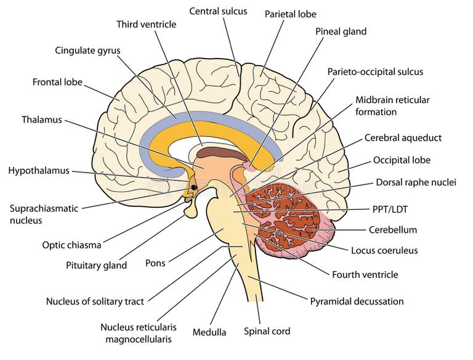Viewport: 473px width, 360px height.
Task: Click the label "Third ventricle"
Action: (x=147, y=24)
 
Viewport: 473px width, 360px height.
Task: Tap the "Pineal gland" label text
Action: (x=341, y=31)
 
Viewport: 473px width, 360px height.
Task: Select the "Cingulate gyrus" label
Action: (x=87, y=51)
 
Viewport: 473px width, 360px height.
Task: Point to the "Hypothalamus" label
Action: (x=39, y=171)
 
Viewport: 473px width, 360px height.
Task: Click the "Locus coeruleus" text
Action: (x=384, y=250)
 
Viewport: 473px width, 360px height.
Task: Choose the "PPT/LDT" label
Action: (x=390, y=209)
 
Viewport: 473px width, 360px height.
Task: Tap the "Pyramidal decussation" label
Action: (x=357, y=301)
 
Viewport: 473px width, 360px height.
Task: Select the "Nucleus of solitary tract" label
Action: (x=95, y=301)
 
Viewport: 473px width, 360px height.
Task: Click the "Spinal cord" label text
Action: (x=267, y=331)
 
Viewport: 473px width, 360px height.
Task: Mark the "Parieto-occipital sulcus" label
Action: (x=375, y=72)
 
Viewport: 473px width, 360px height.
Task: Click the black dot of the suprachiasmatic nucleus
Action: (x=194, y=187)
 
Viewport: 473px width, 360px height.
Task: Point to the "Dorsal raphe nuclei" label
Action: (x=416, y=182)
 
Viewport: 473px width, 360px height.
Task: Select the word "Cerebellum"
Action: (x=393, y=230)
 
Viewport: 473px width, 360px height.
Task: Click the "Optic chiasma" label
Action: (x=71, y=245)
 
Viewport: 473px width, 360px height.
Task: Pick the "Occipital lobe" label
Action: (x=402, y=160)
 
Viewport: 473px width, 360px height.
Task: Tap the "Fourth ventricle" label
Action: (x=365, y=274)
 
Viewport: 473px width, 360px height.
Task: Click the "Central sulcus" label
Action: (x=218, y=11)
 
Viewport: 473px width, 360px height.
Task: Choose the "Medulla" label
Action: (x=209, y=332)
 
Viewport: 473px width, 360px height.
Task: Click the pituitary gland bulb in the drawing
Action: (x=191, y=211)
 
